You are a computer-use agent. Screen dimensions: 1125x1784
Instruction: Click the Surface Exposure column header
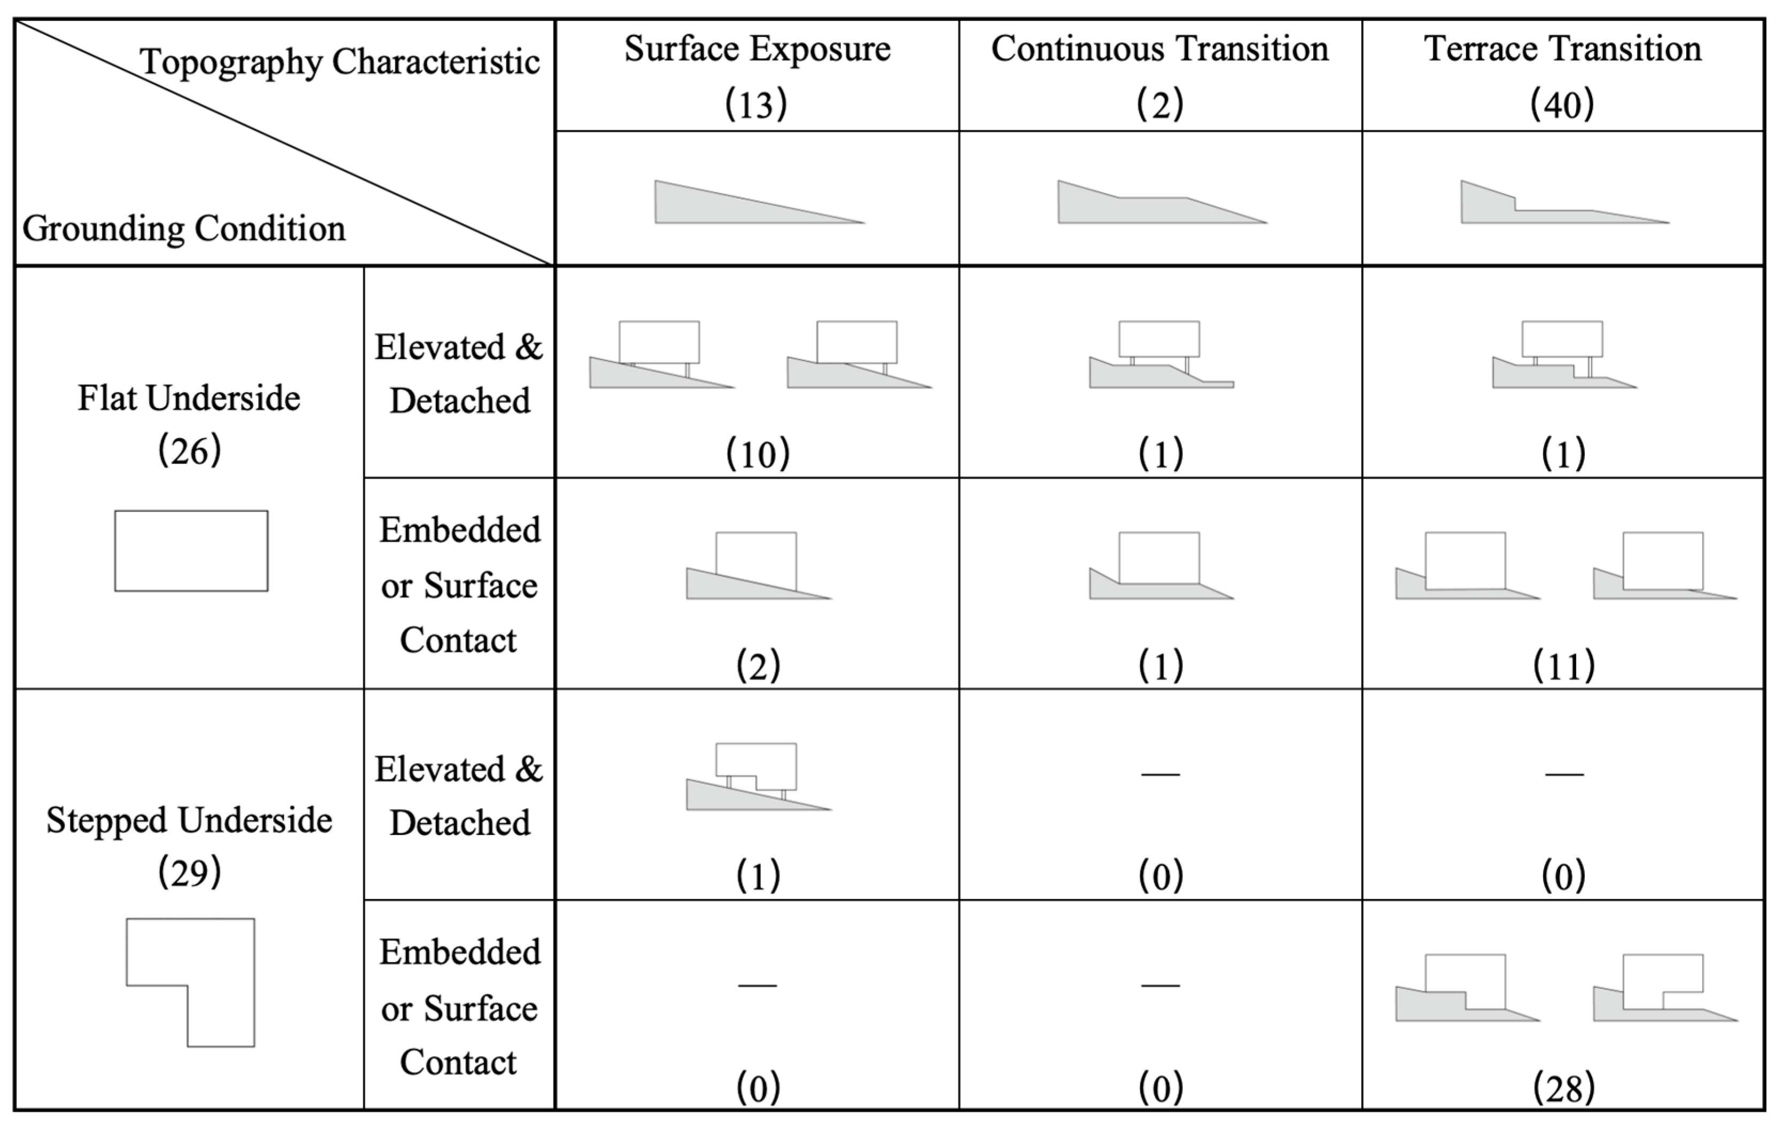point(757,49)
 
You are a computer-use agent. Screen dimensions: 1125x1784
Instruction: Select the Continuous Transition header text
point(1159,49)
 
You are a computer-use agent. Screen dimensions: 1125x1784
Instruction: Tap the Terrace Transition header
point(1562,49)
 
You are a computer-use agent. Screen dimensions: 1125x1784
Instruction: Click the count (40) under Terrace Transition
point(1562,104)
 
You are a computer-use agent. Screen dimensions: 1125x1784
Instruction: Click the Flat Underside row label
point(189,399)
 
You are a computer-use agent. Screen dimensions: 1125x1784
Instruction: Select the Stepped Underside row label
point(189,821)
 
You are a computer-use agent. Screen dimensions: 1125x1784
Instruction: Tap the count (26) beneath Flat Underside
point(190,450)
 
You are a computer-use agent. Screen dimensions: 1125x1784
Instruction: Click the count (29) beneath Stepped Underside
point(190,872)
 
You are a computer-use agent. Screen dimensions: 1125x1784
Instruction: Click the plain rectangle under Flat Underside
point(191,550)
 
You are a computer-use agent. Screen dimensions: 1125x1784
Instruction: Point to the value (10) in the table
point(757,454)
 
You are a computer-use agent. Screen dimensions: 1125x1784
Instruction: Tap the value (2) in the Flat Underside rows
point(757,665)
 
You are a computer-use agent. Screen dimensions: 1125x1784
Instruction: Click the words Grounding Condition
point(184,228)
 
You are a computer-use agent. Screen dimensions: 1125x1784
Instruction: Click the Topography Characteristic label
point(339,61)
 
